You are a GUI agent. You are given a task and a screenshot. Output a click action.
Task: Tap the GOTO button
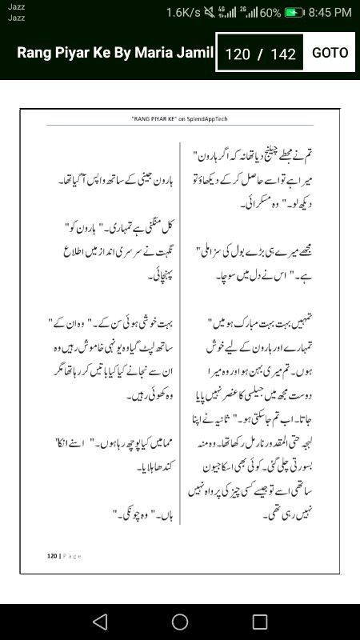tap(330, 53)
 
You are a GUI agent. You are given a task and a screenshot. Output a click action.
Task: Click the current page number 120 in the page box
tap(238, 54)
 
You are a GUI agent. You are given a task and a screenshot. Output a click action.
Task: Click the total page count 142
tap(284, 54)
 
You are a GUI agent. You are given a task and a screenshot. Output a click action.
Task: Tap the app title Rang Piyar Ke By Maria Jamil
tap(115, 54)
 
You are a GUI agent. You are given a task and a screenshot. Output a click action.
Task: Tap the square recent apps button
tap(260, 622)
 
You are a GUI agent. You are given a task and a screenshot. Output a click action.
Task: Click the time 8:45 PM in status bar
tap(330, 12)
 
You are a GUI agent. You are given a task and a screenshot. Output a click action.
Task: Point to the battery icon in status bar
tap(295, 12)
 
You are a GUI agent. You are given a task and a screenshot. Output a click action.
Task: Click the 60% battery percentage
tap(270, 12)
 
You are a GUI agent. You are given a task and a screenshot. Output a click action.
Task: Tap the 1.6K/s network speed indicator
tap(183, 12)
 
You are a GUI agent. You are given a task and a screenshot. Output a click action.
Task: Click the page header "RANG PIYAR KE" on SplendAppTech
tap(179, 117)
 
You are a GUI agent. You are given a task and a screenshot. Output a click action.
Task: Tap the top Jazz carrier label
tap(16, 6)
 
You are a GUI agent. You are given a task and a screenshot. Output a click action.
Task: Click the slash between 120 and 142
tap(260, 54)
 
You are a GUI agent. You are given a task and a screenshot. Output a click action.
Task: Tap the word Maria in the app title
tap(163, 54)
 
